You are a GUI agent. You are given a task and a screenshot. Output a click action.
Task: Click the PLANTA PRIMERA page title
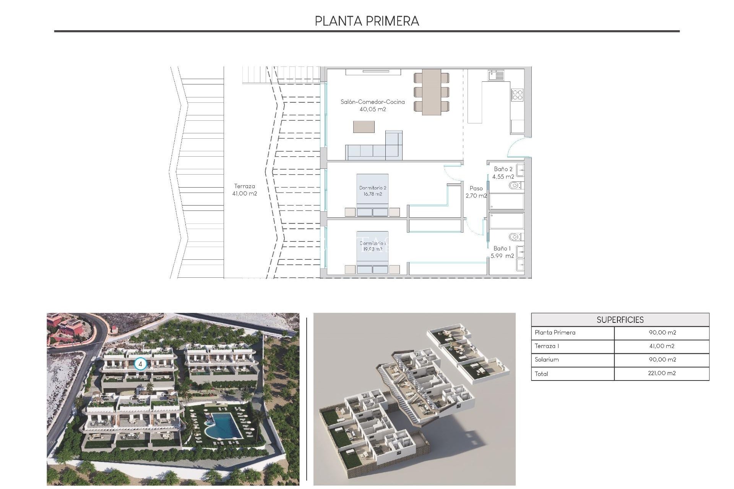click(x=367, y=21)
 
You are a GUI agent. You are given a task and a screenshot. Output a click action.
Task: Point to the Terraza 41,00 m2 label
click(x=245, y=190)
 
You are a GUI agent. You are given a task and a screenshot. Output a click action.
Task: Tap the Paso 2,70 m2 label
click(x=476, y=192)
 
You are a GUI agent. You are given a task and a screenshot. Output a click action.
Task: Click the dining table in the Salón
click(x=431, y=92)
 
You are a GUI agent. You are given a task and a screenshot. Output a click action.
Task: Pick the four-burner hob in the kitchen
click(x=517, y=95)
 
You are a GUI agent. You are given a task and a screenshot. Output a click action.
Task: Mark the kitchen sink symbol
click(x=496, y=75)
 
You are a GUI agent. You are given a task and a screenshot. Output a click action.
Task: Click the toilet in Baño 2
click(x=515, y=186)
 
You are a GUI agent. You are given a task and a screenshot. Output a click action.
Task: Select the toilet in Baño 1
click(x=515, y=237)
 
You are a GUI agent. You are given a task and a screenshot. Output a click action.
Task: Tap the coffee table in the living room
click(x=364, y=127)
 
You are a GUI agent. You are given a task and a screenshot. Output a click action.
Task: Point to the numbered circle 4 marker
click(x=140, y=364)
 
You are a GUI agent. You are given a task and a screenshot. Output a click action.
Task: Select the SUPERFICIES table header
click(x=620, y=320)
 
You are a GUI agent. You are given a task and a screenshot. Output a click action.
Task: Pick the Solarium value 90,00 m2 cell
click(x=662, y=359)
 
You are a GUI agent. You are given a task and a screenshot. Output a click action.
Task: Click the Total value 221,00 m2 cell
click(x=662, y=373)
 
